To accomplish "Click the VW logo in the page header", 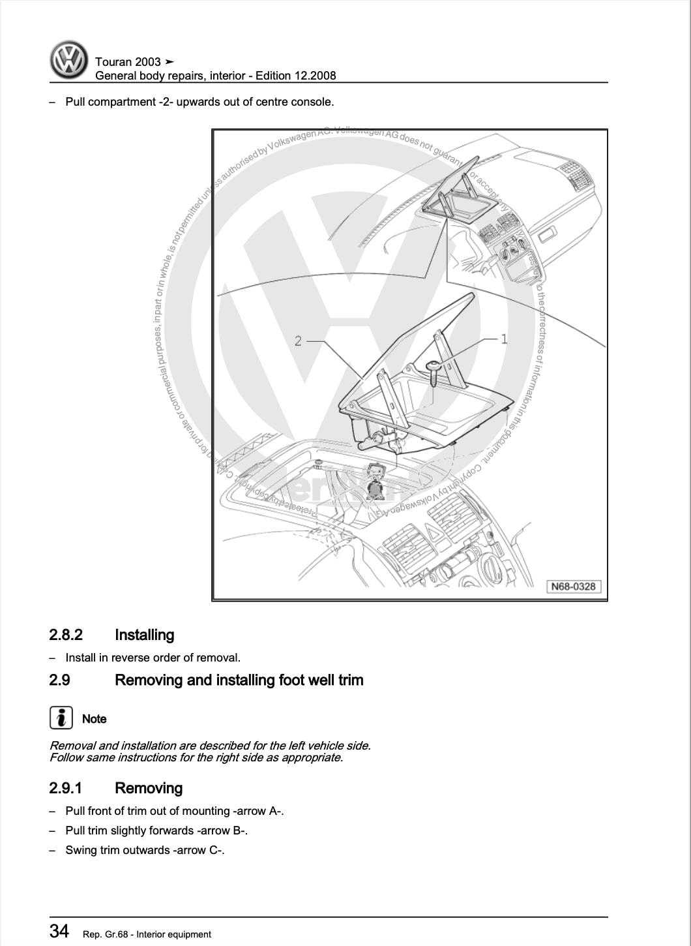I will pos(68,60).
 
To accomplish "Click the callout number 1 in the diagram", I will pos(503,338).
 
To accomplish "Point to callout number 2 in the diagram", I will pos(298,341).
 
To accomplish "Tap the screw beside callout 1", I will pos(434,372).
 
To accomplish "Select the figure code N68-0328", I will pos(573,586).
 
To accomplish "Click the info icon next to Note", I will pos(61,718).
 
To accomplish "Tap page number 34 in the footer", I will pos(59,931).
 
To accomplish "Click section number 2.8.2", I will pos(66,635).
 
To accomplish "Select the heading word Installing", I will pos(144,635).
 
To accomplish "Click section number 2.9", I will pos(59,680).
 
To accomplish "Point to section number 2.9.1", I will pos(65,788).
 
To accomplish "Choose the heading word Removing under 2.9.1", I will pos(149,788).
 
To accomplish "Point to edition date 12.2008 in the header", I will pos(315,76).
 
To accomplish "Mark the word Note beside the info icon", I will pos(95,718).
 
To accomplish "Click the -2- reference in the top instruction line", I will pos(166,102).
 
